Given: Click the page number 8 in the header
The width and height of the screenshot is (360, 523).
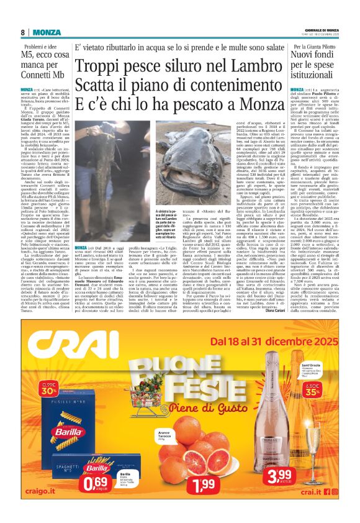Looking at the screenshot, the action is [22, 32].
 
